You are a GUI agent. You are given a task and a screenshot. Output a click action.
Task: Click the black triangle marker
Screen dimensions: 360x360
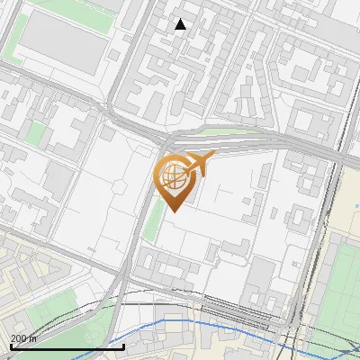[x=181, y=24]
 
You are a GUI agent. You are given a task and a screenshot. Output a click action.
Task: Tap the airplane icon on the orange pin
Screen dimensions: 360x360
[x=197, y=165]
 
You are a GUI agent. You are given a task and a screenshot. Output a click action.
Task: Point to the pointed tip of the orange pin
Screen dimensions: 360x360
[x=173, y=212]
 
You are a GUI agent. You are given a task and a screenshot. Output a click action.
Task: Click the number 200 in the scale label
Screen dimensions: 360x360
[x=19, y=338]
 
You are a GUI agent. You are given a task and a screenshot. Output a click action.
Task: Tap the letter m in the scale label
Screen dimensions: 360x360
[x=33, y=338]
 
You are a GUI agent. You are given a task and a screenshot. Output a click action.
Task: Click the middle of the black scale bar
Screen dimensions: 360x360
[x=67, y=346]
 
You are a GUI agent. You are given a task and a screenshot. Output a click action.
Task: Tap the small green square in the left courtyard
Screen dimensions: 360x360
[x=36, y=134]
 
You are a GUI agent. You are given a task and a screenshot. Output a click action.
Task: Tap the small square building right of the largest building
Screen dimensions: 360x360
[x=114, y=55]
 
